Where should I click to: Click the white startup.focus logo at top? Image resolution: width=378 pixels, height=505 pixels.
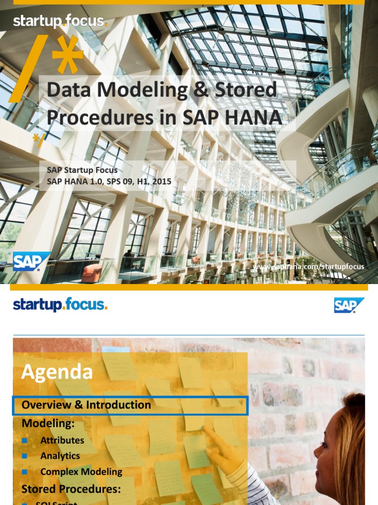coord(60,21)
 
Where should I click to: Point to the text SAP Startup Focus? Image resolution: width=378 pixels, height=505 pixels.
coord(82,170)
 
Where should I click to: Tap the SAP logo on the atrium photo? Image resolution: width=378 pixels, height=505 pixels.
coord(31,261)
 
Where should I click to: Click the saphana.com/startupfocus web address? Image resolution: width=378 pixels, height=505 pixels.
coord(309,267)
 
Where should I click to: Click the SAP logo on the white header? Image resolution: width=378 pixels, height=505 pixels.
coord(349,305)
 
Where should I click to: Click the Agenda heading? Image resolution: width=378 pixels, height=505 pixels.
coord(57,372)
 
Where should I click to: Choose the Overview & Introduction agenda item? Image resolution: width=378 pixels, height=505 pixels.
coord(86,405)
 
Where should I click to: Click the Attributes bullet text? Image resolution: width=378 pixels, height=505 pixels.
coord(62,440)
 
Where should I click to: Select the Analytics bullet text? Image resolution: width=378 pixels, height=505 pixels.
coord(60,456)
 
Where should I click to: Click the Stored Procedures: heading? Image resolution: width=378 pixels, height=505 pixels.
coord(71,489)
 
